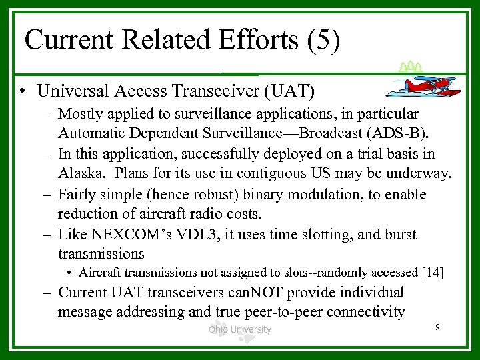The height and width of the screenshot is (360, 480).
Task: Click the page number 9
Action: click(436, 327)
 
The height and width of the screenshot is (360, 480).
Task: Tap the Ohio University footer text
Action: click(239, 329)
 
